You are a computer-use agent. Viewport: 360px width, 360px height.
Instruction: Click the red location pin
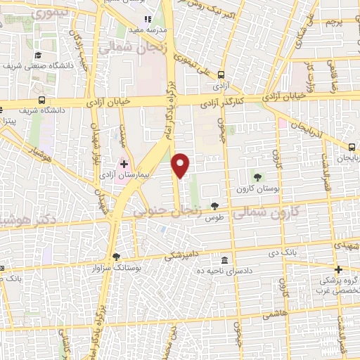click(x=181, y=165)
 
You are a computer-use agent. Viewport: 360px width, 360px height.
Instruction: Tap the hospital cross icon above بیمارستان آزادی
click(x=124, y=163)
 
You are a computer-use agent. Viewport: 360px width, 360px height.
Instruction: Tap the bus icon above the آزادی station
click(x=221, y=75)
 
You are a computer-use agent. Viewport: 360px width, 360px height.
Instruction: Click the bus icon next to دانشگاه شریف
click(x=43, y=100)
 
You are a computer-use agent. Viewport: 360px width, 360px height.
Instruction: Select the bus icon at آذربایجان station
click(x=352, y=146)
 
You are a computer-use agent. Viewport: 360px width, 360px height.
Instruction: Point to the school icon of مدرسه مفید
click(x=149, y=21)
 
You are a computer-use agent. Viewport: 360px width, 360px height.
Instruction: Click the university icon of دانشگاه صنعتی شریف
click(x=37, y=56)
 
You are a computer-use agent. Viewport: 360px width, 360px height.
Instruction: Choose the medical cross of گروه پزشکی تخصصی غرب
click(x=337, y=270)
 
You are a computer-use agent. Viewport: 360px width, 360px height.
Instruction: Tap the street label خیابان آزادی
click(x=117, y=102)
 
